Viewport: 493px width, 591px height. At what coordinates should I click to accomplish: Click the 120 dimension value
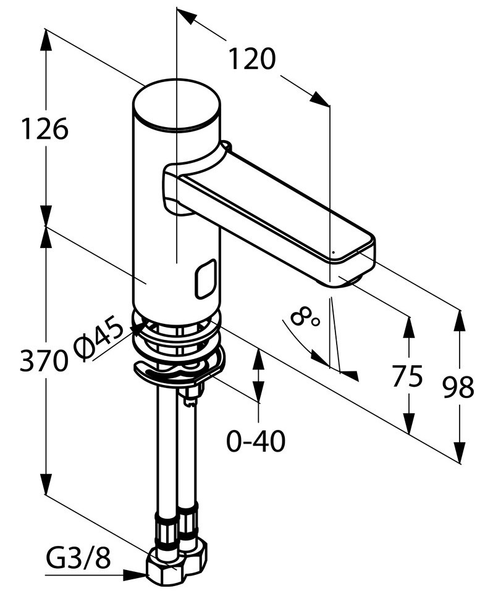pos(253,59)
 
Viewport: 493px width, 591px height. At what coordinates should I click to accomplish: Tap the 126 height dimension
pos(44,129)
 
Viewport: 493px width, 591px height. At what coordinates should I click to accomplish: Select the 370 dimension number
pos(44,361)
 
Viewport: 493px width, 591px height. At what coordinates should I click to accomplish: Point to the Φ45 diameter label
pos(99,337)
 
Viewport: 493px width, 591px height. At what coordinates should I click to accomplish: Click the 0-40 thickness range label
pos(256,441)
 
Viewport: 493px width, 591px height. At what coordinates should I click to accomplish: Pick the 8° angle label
pos(305,315)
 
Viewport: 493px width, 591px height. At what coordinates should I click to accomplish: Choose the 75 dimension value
pos(407,376)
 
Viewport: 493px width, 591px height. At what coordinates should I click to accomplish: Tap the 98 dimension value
pos(458,387)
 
